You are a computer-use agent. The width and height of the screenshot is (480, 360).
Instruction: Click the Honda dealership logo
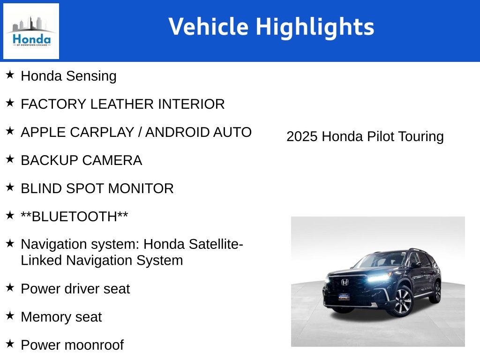tap(31, 31)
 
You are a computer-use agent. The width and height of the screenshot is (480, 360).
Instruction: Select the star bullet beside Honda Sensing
tap(10, 75)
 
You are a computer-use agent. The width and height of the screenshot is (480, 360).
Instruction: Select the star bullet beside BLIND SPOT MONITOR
tap(10, 187)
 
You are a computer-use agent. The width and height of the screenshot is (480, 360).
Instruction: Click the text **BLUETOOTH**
tap(75, 217)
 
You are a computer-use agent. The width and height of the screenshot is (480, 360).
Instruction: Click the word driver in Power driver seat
tap(82, 289)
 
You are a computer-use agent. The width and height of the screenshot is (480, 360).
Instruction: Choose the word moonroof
tap(94, 345)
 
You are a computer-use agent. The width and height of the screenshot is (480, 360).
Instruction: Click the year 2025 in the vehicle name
tap(302, 136)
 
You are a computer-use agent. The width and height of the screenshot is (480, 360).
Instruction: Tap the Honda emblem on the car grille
tap(345, 282)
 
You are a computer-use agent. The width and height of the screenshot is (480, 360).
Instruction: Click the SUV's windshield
tap(382, 260)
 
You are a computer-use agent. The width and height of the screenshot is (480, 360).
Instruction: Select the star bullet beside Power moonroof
tap(10, 344)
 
